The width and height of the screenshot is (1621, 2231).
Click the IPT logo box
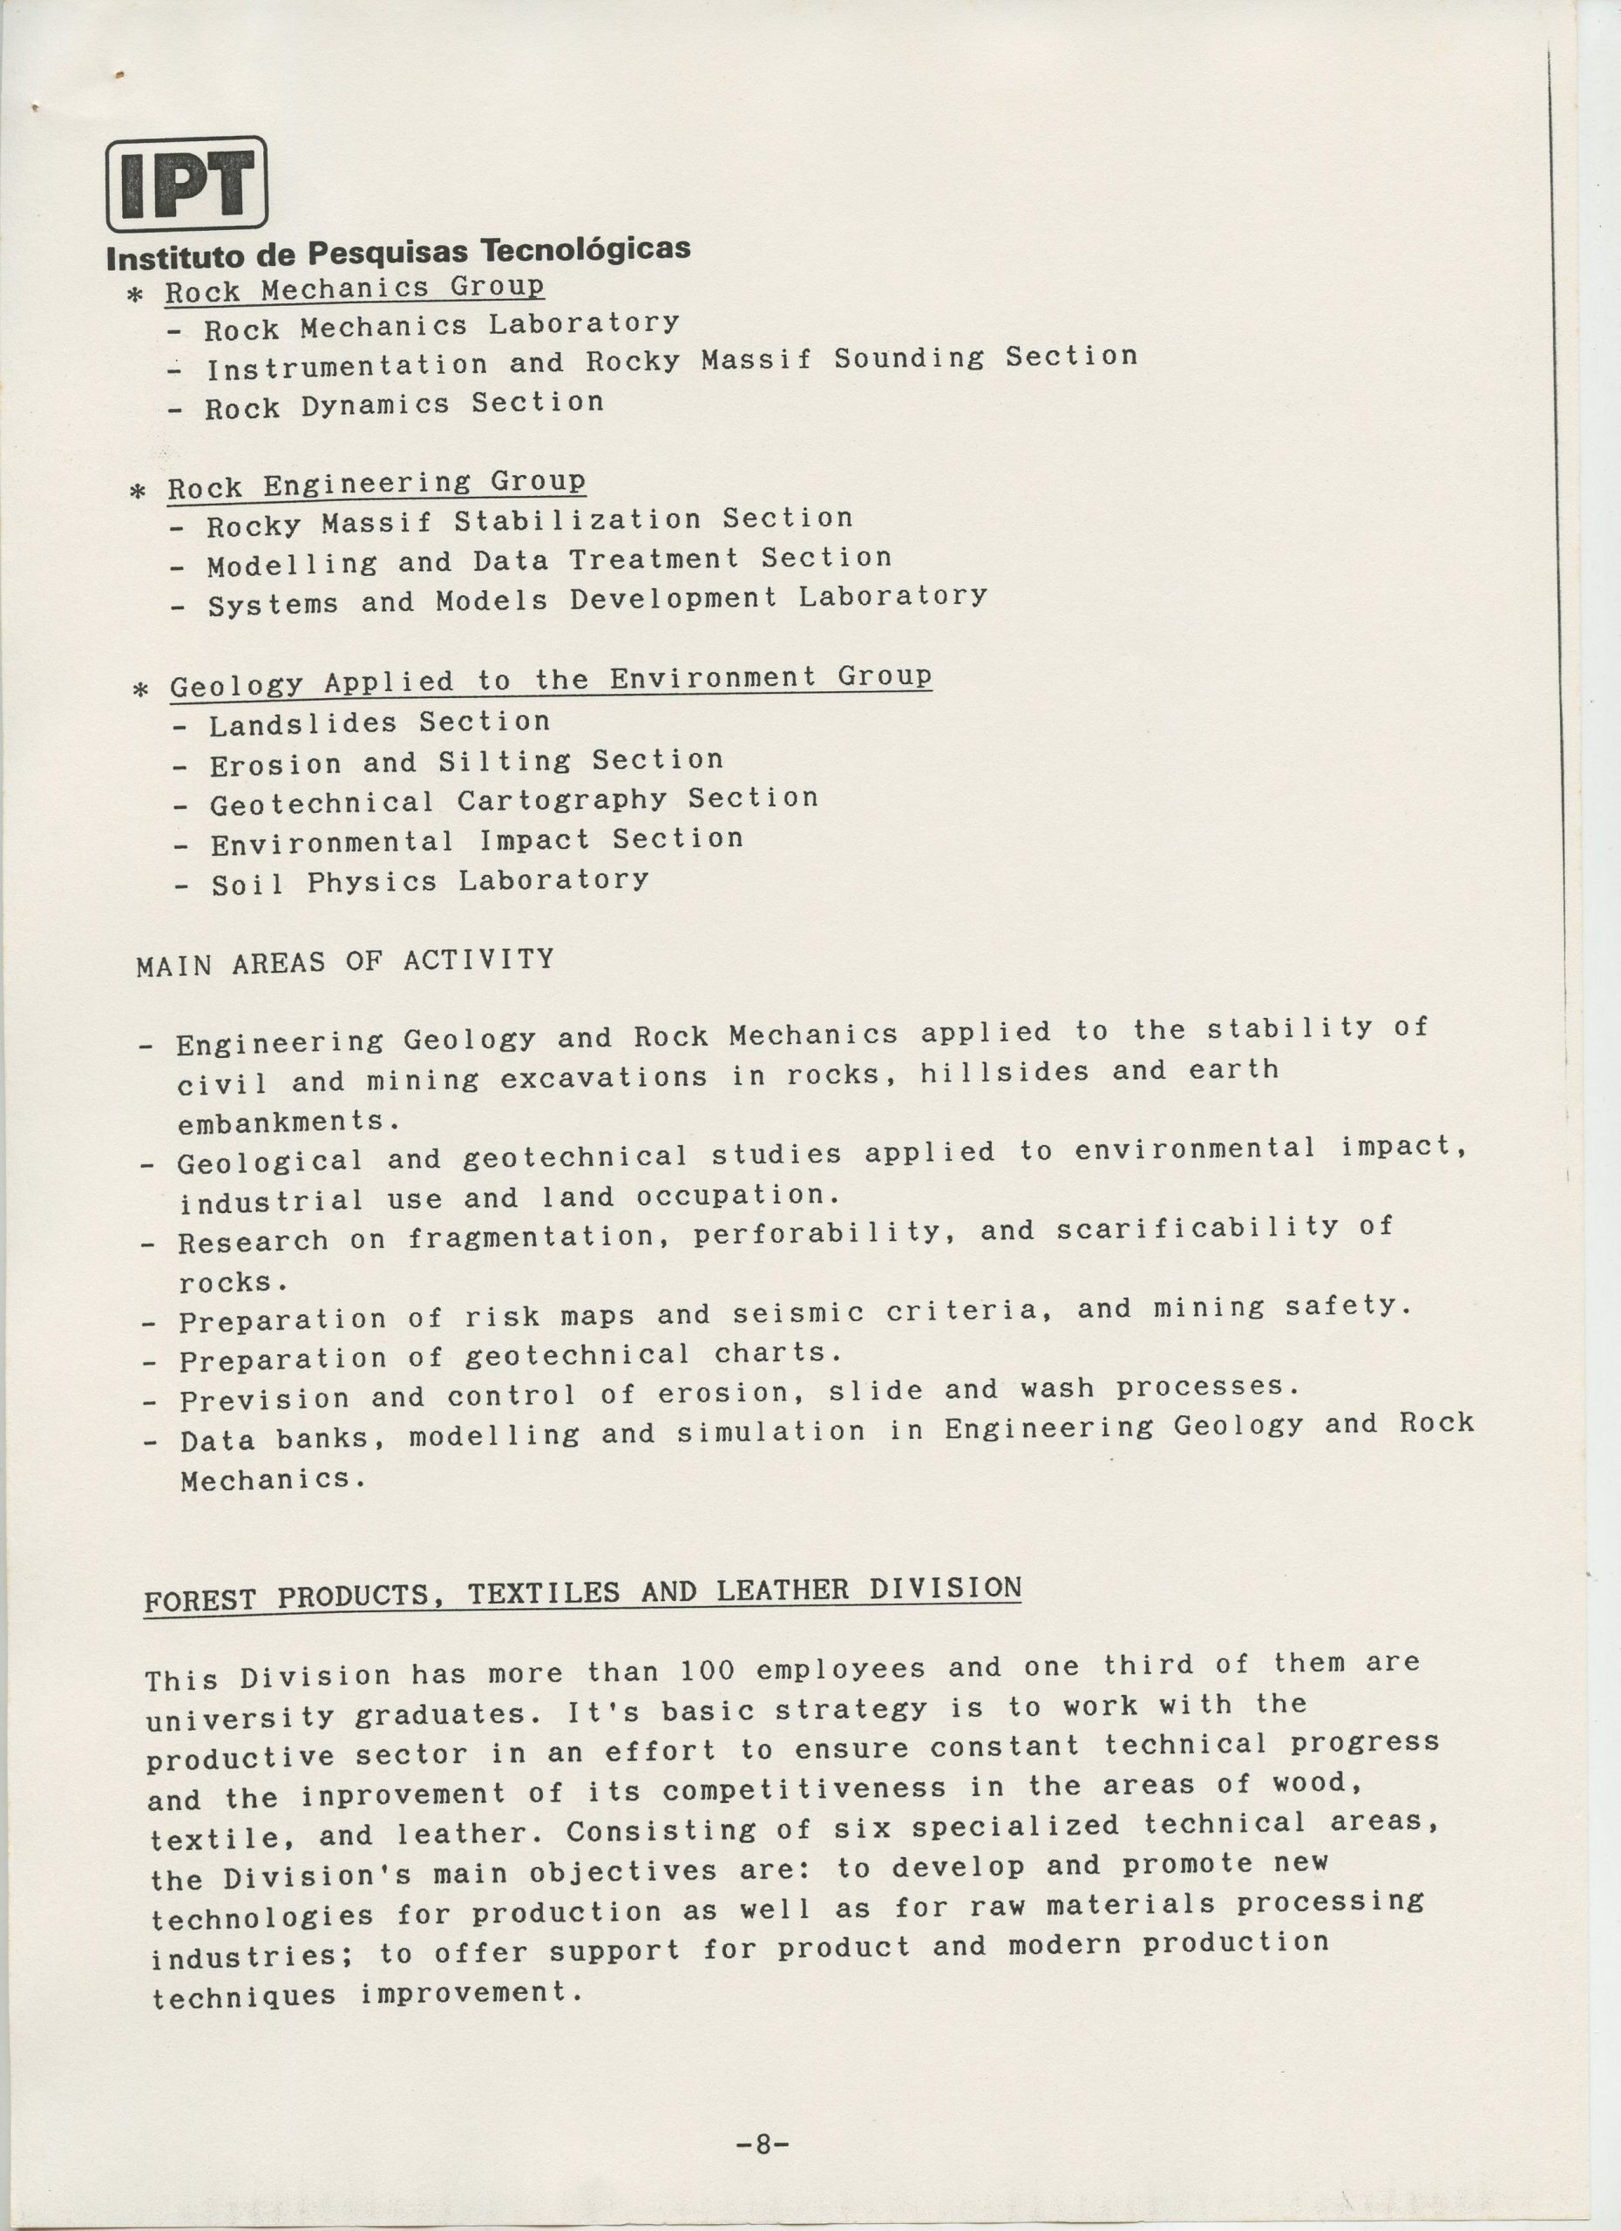186,184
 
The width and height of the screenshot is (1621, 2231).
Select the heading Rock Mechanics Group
354,289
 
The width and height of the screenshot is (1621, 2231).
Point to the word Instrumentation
346,366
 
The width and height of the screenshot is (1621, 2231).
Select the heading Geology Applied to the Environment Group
550,681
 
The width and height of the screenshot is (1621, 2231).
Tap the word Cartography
561,801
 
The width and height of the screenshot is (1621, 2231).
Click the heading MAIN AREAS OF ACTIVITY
345,961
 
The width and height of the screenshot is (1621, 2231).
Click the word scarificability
1197,1229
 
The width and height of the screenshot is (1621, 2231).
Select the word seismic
797,1313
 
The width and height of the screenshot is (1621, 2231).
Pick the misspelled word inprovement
404,1794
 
